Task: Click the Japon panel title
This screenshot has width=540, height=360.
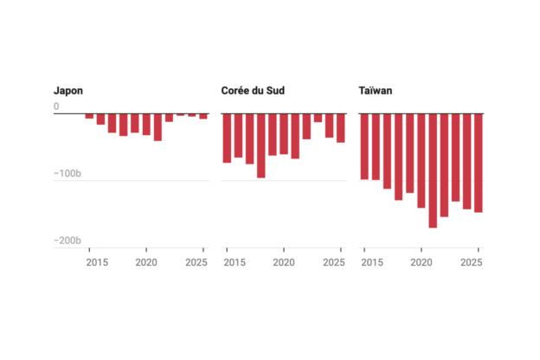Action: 68,91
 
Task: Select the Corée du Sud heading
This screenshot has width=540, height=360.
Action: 253,91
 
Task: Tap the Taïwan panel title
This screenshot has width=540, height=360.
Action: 376,91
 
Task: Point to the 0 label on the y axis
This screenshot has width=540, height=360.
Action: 56,106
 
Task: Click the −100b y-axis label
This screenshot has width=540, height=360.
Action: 67,173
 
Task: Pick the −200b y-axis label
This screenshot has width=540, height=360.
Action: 67,241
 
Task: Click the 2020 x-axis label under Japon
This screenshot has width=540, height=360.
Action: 146,262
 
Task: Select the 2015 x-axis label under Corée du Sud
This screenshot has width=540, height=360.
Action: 235,262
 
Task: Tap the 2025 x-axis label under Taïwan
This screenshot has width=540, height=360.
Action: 472,262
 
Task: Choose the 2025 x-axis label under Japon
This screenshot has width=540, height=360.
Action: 196,262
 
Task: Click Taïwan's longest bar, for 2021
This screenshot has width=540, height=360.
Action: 433,170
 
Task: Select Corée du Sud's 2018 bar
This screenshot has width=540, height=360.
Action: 261,145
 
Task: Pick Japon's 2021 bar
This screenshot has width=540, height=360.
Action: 157,127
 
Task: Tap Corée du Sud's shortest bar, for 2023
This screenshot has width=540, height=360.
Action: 318,118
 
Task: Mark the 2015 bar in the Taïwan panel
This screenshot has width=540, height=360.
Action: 364,146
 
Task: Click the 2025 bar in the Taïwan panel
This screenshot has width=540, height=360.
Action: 479,163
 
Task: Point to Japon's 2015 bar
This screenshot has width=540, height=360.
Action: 89,116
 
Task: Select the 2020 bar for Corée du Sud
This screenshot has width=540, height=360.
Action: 284,133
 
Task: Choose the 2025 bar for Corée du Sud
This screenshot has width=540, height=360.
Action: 341,128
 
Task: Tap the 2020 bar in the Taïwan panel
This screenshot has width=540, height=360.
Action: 421,161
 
